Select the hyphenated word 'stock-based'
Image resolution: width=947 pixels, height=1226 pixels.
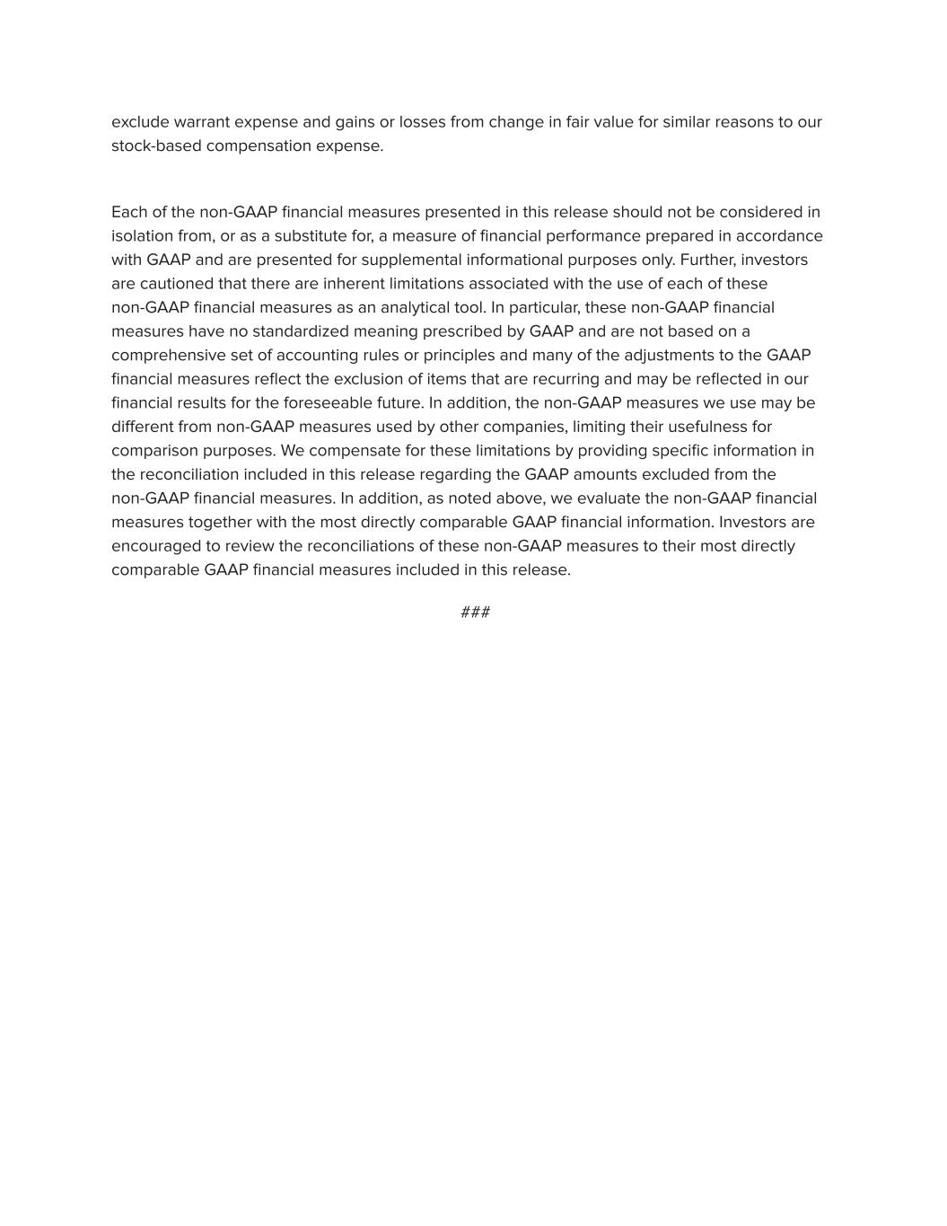pyautogui.click(x=156, y=146)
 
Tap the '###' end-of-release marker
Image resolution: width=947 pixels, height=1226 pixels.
pyautogui.click(x=475, y=613)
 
